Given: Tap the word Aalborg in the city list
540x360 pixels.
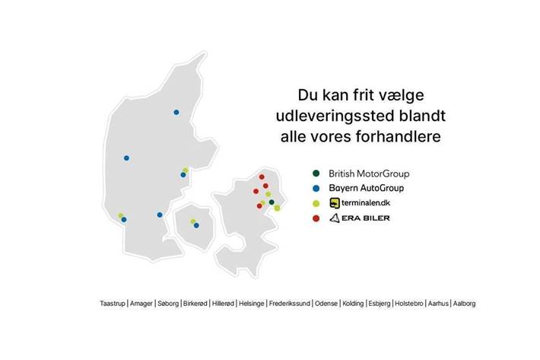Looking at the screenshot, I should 464,303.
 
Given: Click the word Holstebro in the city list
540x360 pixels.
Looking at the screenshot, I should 409,303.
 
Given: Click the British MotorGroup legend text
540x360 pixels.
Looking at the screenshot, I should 367,173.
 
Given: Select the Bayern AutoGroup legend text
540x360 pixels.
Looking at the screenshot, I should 365,187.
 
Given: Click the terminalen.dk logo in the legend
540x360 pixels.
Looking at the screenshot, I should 360,203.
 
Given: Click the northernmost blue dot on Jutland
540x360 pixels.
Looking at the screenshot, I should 176,112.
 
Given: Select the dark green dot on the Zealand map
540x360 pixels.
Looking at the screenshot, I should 272,202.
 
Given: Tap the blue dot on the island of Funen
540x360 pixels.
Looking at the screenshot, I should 196,225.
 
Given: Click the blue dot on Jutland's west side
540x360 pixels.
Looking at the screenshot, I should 126,158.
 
